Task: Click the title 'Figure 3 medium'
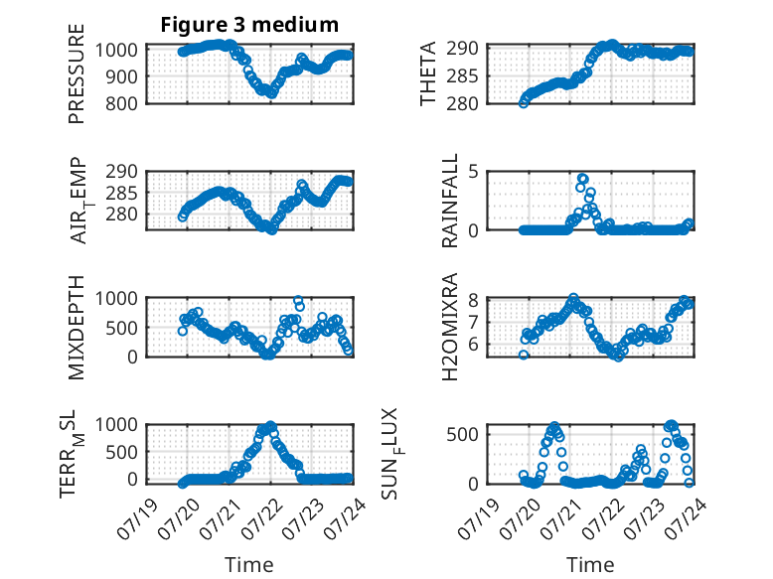pyautogui.click(x=249, y=25)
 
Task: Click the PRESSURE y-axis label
pyautogui.click(x=77, y=73)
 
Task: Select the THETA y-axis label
pyautogui.click(x=428, y=73)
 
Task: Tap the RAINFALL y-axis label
pyautogui.click(x=450, y=201)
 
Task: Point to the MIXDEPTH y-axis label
pyautogui.click(x=77, y=328)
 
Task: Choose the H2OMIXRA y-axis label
pyautogui.click(x=450, y=327)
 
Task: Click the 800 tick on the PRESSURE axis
pyautogui.click(x=121, y=104)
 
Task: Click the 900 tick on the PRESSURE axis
pyautogui.click(x=121, y=76)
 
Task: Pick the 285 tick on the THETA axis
pyautogui.click(x=462, y=76)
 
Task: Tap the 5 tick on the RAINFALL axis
pyautogui.click(x=474, y=172)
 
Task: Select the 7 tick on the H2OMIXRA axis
pyautogui.click(x=474, y=323)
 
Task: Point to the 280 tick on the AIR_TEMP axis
pyautogui.click(x=121, y=215)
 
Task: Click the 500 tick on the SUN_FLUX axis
pyautogui.click(x=462, y=434)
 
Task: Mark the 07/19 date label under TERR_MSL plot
pyautogui.click(x=137, y=518)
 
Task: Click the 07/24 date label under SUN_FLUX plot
pyautogui.click(x=687, y=518)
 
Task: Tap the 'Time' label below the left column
pyautogui.click(x=249, y=565)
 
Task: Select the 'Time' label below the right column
pyautogui.click(x=590, y=565)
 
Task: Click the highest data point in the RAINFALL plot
pyautogui.click(x=583, y=179)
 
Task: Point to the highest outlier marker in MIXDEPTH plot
pyautogui.click(x=297, y=300)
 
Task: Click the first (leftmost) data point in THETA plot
pyautogui.click(x=524, y=103)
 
